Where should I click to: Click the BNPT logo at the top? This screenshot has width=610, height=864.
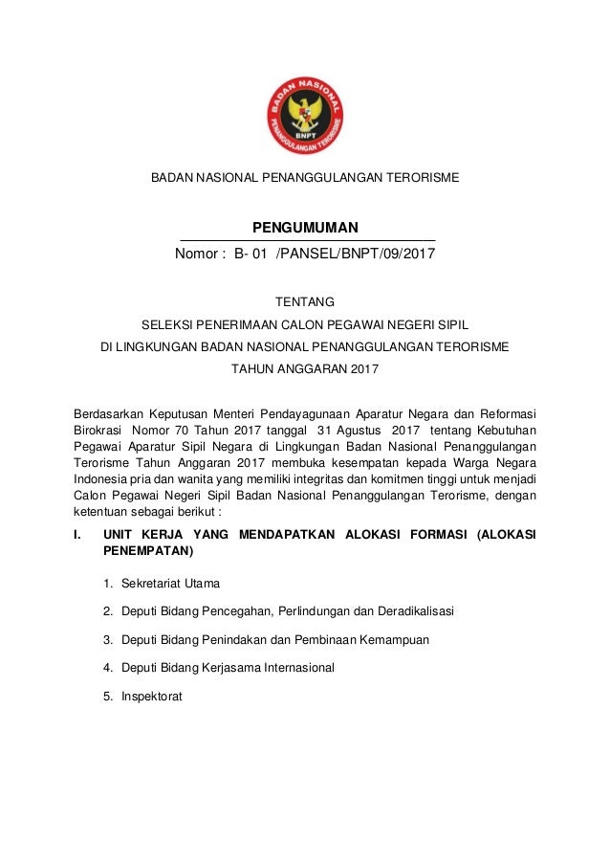pos(305,116)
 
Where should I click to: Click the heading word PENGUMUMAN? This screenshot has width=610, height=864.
pos(305,227)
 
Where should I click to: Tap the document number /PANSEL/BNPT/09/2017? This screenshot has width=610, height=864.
pos(355,255)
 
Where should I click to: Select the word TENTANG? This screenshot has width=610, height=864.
pos(305,302)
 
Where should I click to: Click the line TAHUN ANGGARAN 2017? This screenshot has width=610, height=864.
pos(305,368)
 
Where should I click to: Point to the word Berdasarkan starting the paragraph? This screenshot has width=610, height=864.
pos(107,413)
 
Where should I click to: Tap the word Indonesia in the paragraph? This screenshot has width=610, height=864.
pos(101,479)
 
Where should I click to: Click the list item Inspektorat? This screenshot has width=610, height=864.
pos(151,697)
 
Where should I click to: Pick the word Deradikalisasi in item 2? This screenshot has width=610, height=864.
pos(414,610)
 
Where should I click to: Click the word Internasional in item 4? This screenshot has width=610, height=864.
pos(288,668)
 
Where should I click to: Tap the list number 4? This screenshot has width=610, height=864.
pos(107,668)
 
